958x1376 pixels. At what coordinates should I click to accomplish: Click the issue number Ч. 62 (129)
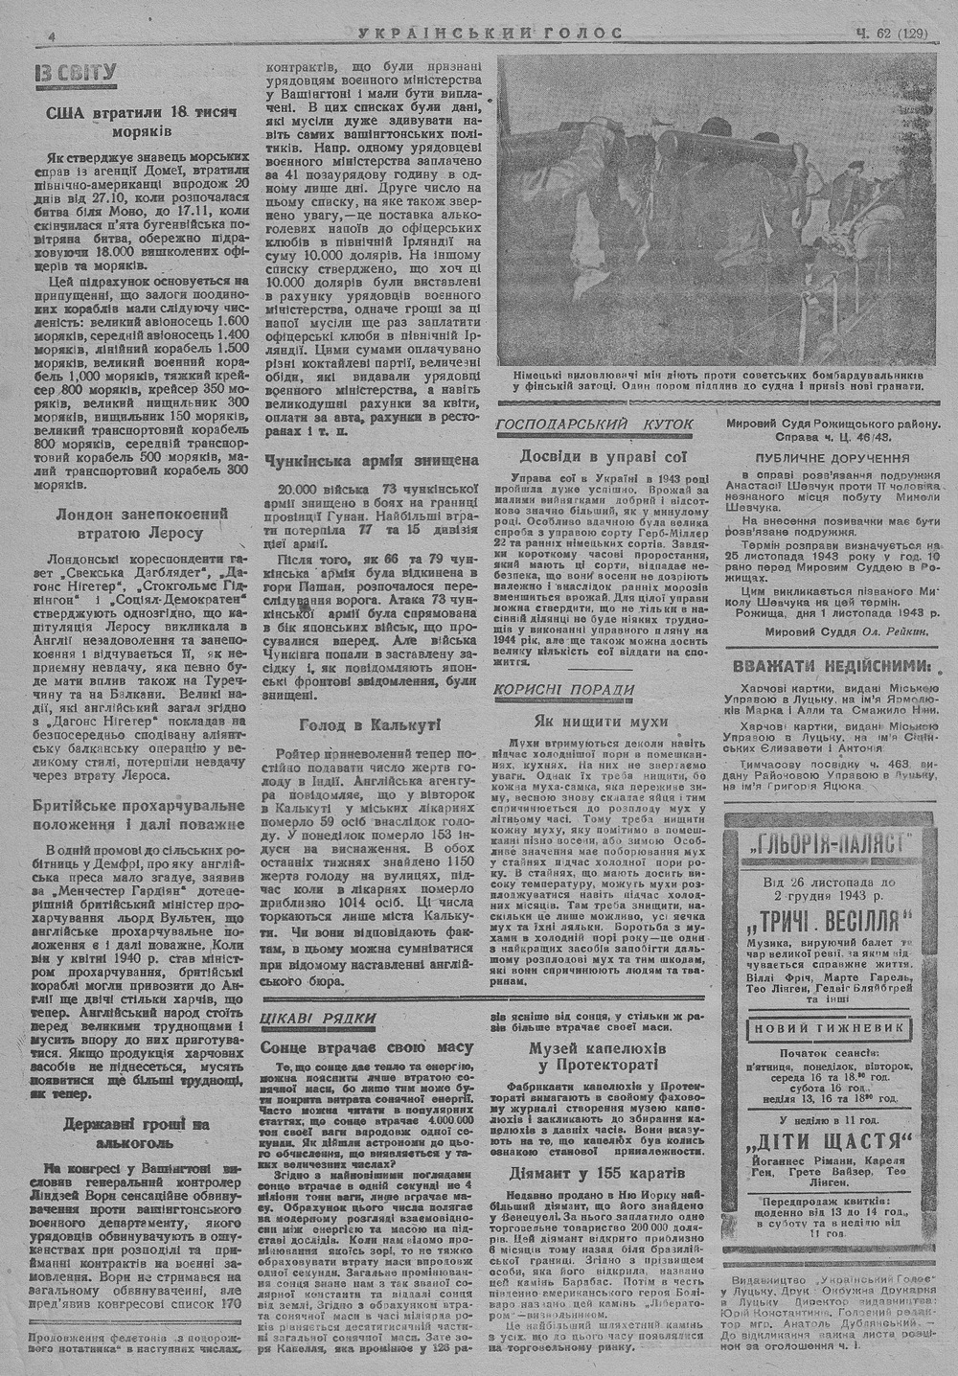(x=888, y=34)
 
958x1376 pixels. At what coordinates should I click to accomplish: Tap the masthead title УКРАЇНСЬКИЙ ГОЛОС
(x=490, y=34)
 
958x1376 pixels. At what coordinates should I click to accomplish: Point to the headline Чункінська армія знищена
(x=371, y=460)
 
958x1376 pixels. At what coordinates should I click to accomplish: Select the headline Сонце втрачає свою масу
(x=368, y=1047)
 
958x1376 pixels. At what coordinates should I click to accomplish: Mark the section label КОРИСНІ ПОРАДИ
(x=564, y=690)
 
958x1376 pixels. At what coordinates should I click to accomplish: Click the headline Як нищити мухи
(x=601, y=722)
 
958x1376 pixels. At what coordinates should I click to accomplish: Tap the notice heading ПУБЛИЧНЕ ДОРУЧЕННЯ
(x=832, y=459)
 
